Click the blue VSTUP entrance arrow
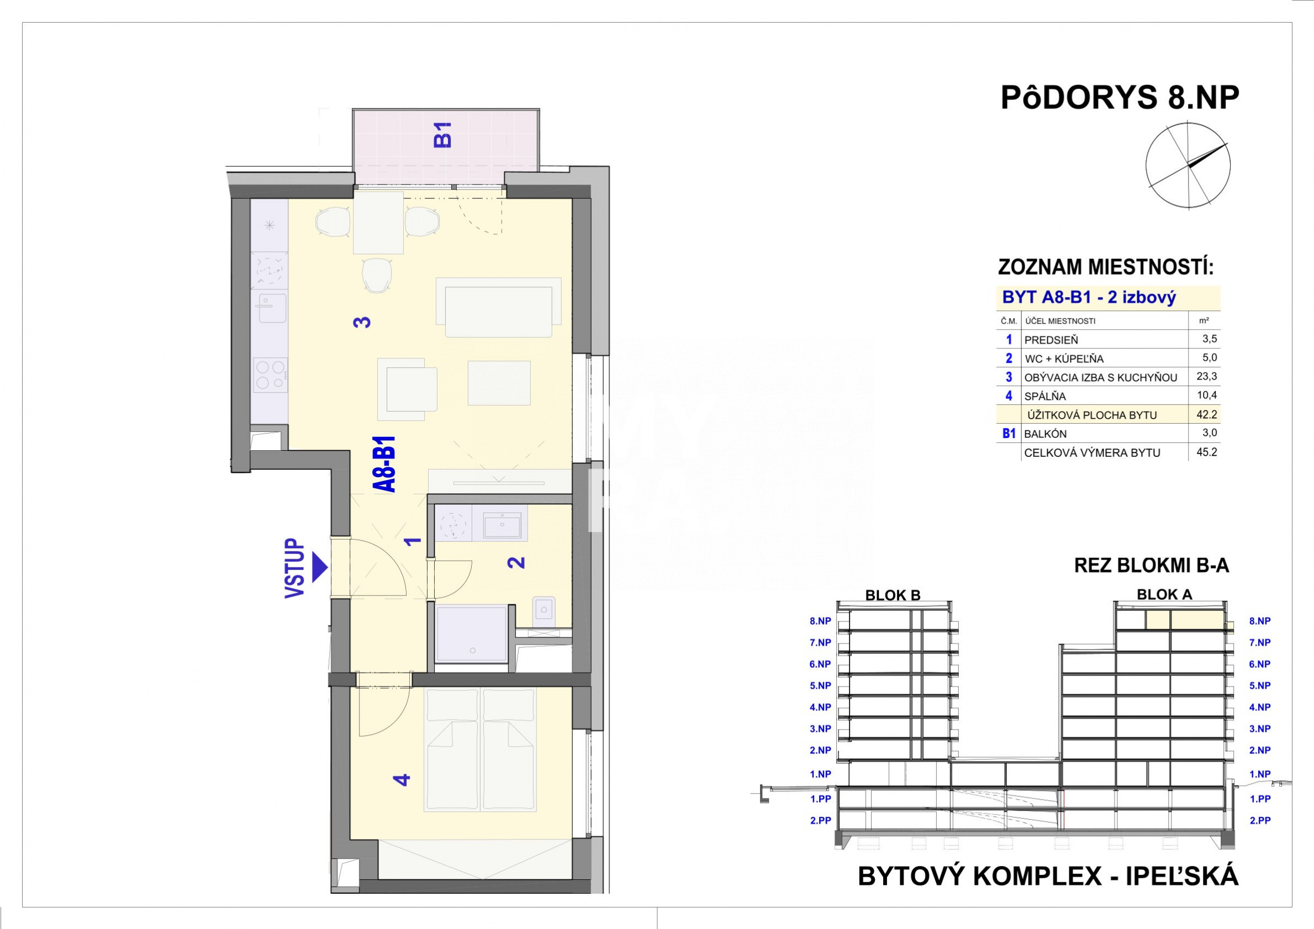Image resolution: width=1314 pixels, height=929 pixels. coord(319,568)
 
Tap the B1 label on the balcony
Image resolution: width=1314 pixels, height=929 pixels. coord(443,135)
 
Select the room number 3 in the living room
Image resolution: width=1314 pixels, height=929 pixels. coord(362,322)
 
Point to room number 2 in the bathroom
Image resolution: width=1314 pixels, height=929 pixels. coord(516,563)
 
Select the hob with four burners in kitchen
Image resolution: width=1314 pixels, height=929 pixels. coord(270,375)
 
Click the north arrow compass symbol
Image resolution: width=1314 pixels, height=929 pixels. coord(1188,166)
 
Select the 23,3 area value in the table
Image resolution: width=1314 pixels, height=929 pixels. coord(1206,377)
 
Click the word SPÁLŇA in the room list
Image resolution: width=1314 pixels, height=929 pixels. coord(1045,396)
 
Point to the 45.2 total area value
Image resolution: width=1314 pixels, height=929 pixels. coord(1206,452)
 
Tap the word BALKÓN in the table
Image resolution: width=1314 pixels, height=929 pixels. coord(1046,434)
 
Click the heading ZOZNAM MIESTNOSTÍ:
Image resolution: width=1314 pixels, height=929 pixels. coord(1106,267)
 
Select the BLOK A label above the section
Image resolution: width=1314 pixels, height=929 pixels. coord(1165,595)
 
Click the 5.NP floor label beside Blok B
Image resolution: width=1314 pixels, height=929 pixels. coord(820,686)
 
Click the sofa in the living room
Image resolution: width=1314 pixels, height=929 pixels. coord(498,308)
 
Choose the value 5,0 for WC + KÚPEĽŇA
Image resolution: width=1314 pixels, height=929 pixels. coord(1210,358)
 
